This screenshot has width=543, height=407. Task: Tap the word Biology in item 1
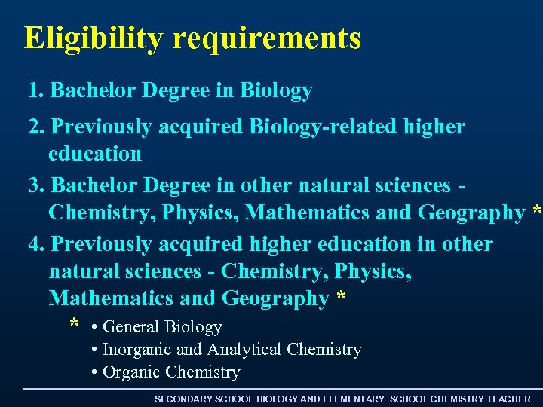coord(276,92)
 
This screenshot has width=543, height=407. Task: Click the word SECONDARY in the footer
coord(183,399)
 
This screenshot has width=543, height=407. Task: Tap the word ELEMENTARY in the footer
coord(353,399)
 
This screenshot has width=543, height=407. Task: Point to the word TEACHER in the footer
coord(508,399)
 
